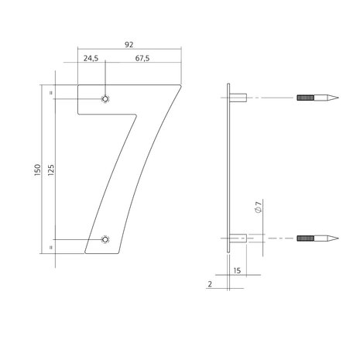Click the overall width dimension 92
point(129,45)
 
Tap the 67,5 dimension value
point(142,57)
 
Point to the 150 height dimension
point(37,170)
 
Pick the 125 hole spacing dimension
point(50,170)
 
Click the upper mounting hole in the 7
point(106,99)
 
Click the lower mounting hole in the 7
point(106,239)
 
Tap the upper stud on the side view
point(238,99)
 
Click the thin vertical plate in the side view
point(228,170)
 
